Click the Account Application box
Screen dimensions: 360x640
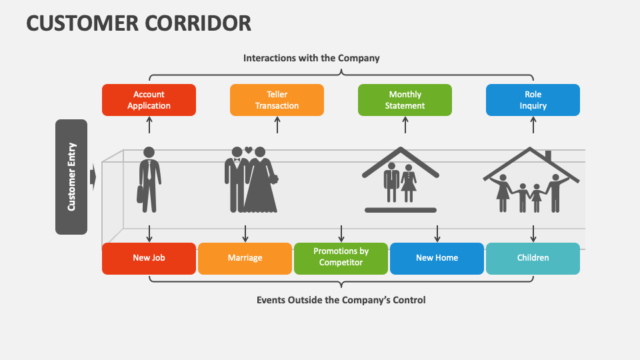coord(149,100)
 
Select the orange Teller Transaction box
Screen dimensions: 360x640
coord(277,100)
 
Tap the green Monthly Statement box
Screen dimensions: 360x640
coord(405,100)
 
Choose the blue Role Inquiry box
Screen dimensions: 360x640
coord(533,100)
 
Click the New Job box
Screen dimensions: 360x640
coord(149,258)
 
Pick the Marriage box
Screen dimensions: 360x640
coord(245,258)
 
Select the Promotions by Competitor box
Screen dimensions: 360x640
coord(341,258)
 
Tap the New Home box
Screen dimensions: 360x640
coord(437,258)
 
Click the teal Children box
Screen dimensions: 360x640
coord(533,258)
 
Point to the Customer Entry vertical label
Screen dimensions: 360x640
coord(71,177)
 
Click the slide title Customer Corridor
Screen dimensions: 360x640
coord(139,23)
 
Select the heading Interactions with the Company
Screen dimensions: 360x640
coord(311,58)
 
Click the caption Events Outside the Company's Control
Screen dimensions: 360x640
coord(341,300)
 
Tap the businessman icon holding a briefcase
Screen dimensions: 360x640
coord(149,179)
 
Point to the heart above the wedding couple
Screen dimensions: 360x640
coord(248,150)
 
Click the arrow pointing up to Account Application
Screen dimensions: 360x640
coord(149,125)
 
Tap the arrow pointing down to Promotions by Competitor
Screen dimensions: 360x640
coord(341,233)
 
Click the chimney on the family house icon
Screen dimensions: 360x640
coord(548,156)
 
